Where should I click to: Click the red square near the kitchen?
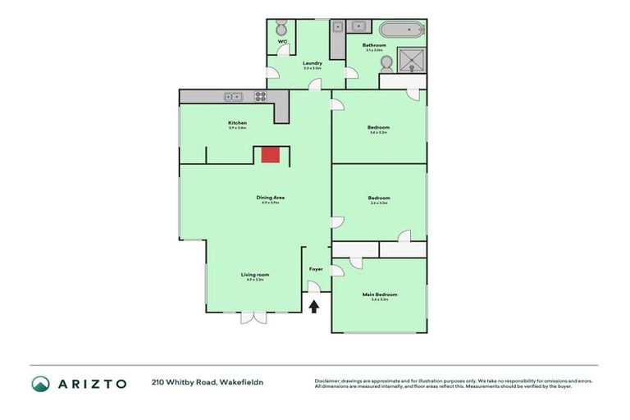point(270,155)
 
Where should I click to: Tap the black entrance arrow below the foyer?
point(314,306)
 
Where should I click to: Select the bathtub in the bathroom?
point(403,31)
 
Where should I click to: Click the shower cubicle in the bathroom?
point(409,59)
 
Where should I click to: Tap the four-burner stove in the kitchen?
point(260,97)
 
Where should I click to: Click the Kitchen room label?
point(237,124)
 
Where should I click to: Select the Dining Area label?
point(270,197)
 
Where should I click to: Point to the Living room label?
point(254,275)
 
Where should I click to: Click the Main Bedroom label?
point(379,294)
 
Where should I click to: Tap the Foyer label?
point(315,269)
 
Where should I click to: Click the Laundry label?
point(312,63)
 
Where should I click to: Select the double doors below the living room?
point(253,317)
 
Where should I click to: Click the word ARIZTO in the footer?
point(91,384)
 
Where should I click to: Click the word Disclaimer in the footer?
point(328,381)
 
